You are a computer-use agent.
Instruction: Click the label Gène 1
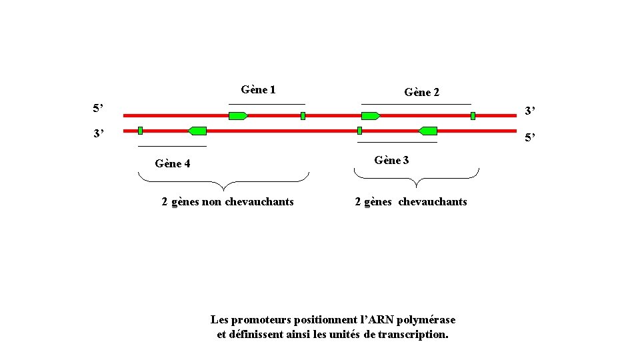coord(259,89)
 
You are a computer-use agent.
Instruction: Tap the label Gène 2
coord(421,93)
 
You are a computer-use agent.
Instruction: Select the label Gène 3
coord(392,160)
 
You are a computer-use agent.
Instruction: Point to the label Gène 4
coord(172,163)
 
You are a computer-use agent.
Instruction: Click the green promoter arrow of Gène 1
coord(238,116)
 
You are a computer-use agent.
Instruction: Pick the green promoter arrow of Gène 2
coord(371,116)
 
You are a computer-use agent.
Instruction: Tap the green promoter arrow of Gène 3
coord(427,131)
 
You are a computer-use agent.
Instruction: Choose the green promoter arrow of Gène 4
coord(197,131)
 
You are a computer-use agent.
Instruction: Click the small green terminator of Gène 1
coord(303,116)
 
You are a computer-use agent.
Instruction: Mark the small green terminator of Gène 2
coord(473,116)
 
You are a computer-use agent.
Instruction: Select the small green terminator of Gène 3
coord(359,131)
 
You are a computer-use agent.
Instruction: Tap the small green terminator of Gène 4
coord(140,131)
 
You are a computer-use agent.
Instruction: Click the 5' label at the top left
coord(98,107)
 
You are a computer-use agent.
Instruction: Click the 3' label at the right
coord(530,111)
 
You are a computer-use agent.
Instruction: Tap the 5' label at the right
coord(530,139)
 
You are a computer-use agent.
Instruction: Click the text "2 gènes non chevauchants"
coord(227,201)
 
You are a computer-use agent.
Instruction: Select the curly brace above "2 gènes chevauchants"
coord(416,177)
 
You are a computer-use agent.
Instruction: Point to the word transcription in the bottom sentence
coord(413,334)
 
